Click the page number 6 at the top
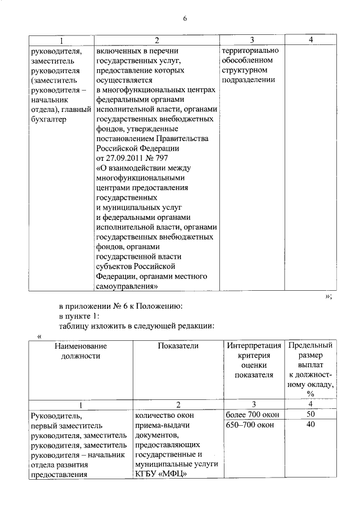[x=184, y=18]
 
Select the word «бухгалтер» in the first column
[x=49, y=120]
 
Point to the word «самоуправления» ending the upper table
[x=127, y=286]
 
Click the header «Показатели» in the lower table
[x=178, y=346]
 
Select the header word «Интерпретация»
[x=254, y=346]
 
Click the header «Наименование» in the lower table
[x=80, y=346]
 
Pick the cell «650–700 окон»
[x=250, y=425]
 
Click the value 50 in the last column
[x=310, y=415]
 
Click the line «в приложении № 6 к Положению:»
[x=119, y=307]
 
